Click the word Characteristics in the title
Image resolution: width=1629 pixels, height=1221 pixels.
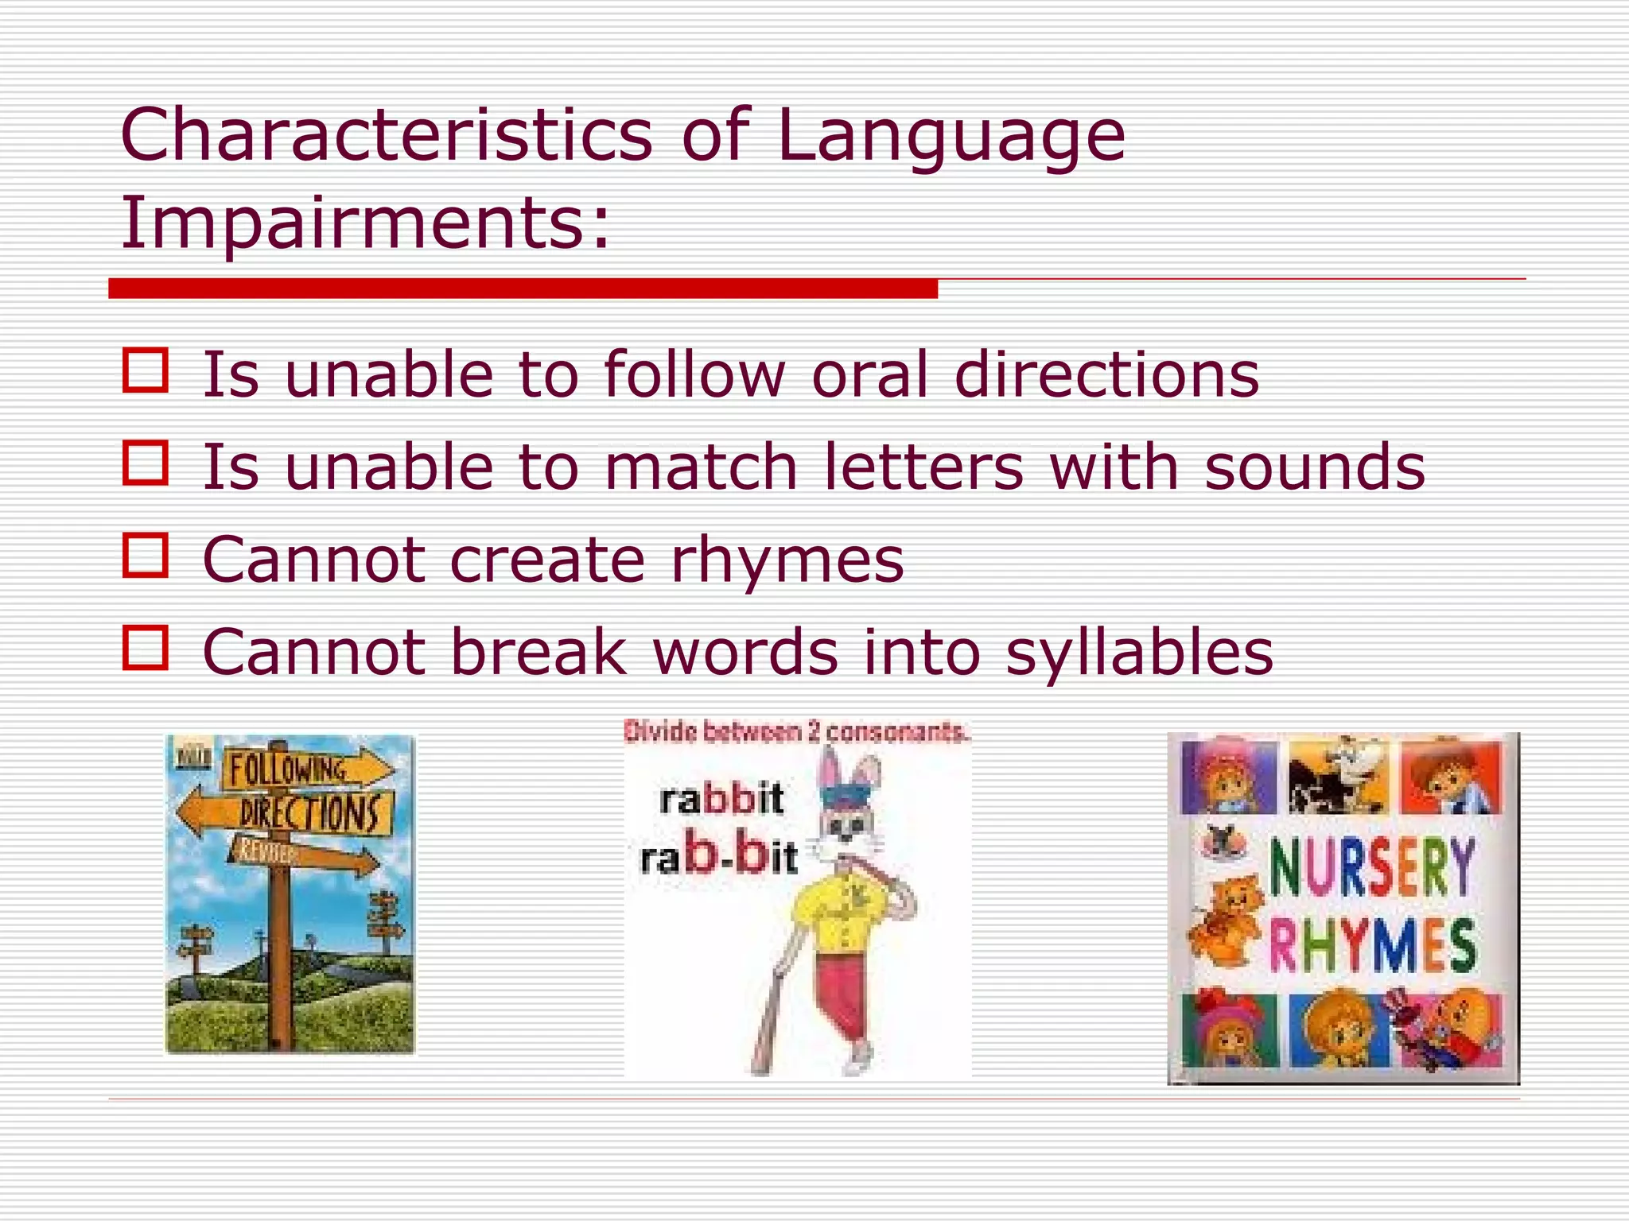click(x=386, y=135)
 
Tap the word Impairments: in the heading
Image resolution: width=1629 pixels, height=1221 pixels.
click(x=365, y=223)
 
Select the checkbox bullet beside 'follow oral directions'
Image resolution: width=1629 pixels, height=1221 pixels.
click(x=146, y=370)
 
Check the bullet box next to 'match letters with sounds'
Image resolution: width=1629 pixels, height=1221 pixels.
click(x=146, y=463)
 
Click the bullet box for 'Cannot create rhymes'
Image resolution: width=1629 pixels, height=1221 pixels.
click(x=146, y=555)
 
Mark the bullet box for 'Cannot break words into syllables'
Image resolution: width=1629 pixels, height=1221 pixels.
click(x=146, y=648)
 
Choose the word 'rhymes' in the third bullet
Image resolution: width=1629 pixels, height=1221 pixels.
click(x=787, y=561)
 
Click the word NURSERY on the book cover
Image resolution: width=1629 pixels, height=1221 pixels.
click(x=1371, y=868)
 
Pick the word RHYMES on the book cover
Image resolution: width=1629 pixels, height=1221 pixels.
click(x=1371, y=946)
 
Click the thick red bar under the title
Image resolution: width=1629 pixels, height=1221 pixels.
click(x=523, y=289)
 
